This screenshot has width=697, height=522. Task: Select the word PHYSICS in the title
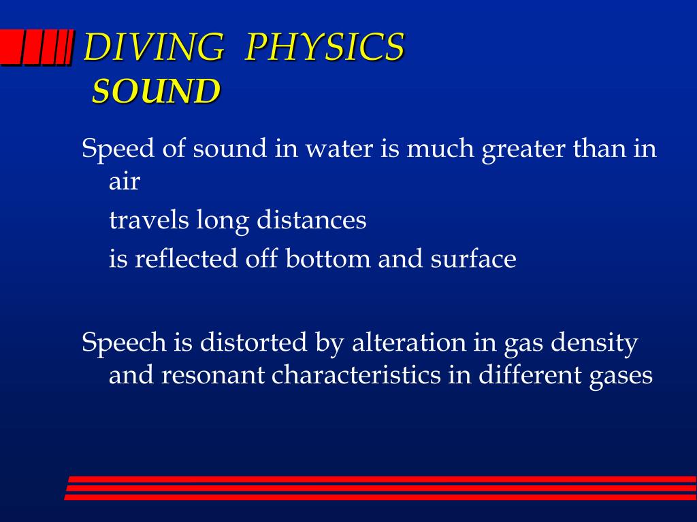click(325, 48)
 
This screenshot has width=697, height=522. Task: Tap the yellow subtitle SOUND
click(156, 91)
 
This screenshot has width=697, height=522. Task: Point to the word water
click(339, 148)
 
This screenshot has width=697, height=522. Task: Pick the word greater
click(523, 148)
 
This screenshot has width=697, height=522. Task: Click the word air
click(124, 182)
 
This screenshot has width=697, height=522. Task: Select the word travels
click(150, 220)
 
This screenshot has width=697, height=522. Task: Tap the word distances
click(312, 220)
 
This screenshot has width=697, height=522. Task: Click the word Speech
click(124, 343)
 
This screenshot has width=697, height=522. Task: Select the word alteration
click(408, 343)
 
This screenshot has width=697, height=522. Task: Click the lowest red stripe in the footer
click(381, 497)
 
